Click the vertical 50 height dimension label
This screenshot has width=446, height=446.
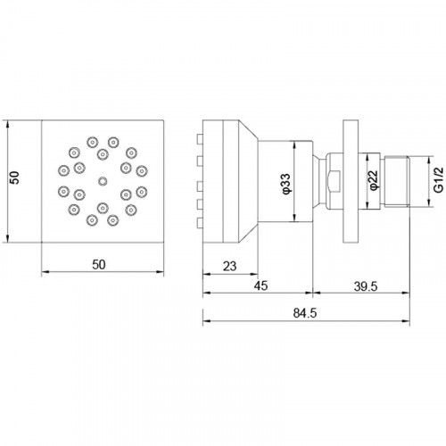click(14, 178)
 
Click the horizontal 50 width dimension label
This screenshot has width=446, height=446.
click(99, 265)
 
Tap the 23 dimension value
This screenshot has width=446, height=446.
click(229, 267)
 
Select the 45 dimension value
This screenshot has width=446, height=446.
click(260, 285)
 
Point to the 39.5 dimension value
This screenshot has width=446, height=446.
click(366, 286)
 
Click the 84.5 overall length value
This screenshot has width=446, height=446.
click(305, 313)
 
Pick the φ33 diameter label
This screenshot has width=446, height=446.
click(286, 184)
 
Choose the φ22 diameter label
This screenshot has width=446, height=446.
click(374, 179)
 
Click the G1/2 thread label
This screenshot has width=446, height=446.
click(439, 180)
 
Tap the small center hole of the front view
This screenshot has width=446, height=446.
click(103, 181)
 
